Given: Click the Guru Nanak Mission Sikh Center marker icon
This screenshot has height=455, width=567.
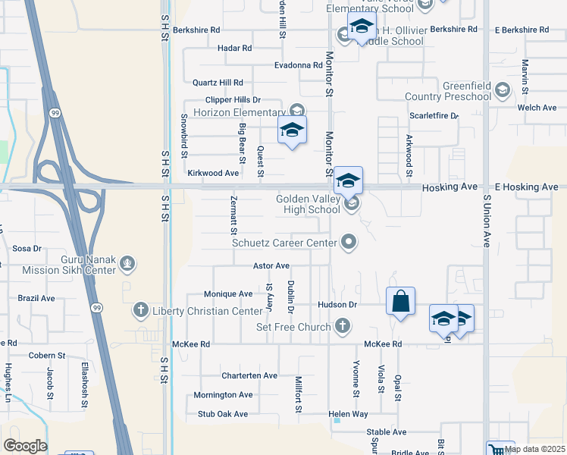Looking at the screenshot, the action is [x=128, y=264].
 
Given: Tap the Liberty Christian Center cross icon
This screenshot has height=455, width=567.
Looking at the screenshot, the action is [x=140, y=310].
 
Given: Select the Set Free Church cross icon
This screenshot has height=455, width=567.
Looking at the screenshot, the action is [x=343, y=327].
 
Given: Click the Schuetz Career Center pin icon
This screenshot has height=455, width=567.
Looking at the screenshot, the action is [x=349, y=242].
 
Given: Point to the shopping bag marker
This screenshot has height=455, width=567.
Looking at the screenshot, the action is [x=400, y=301].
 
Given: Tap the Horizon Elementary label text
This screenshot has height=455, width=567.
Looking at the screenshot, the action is [x=238, y=112].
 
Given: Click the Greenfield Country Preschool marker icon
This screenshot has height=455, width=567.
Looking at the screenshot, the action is [x=501, y=92].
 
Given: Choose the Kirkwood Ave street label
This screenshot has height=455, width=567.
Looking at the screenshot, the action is [x=213, y=173].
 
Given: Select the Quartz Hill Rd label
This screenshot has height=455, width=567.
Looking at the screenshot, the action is [x=218, y=82].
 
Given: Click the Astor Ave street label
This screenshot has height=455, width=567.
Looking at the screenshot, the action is [x=271, y=265].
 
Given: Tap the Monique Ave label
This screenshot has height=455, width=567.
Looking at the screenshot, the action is [x=228, y=293].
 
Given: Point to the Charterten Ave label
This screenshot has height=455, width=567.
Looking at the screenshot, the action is [x=249, y=375].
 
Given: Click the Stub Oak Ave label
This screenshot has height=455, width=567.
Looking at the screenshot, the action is [x=223, y=414].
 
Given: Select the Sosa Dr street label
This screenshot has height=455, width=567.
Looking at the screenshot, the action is [x=27, y=248].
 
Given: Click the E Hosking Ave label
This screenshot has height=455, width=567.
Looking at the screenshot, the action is [x=526, y=187].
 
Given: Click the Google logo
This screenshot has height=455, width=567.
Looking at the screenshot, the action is [x=25, y=446].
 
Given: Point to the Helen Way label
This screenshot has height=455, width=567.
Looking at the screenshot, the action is [x=348, y=414].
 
